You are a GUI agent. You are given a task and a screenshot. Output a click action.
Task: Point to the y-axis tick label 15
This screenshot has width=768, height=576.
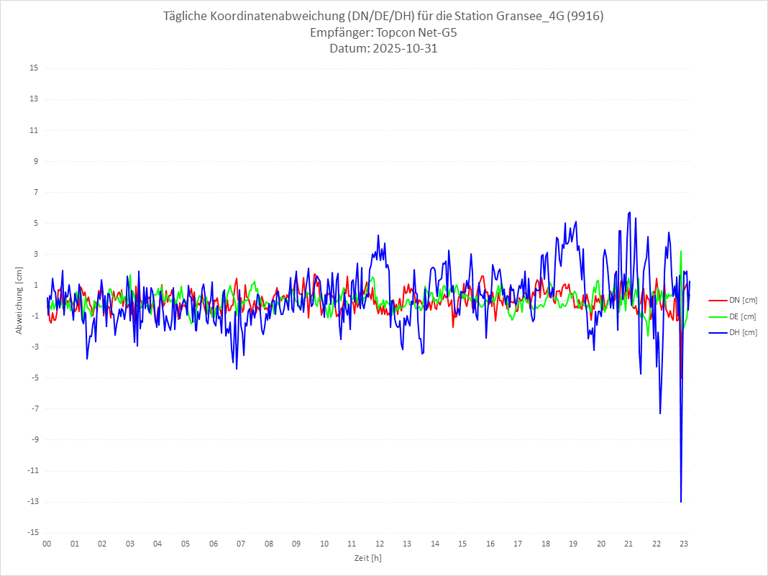(34, 68)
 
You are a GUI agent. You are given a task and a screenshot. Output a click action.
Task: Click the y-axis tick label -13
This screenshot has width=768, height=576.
(32, 502)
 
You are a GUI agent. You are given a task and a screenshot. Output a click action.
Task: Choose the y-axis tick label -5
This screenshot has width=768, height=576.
(34, 378)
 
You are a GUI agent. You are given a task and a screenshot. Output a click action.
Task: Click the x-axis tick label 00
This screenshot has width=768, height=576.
(47, 544)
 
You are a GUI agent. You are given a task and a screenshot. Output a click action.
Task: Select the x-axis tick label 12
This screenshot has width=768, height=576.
(380, 544)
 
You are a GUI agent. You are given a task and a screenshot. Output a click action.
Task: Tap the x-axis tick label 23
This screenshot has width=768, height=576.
(685, 544)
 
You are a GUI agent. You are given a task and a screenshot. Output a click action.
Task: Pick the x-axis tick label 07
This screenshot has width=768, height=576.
(241, 544)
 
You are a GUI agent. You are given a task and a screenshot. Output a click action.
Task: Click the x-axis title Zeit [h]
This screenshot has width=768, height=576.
(367, 558)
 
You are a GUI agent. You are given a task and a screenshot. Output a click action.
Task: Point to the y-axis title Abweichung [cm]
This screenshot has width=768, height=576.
(19, 300)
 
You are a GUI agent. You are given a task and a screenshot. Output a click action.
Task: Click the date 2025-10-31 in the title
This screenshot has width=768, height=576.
(401, 49)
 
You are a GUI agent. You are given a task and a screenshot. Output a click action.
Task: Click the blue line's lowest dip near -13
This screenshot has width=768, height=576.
(681, 501)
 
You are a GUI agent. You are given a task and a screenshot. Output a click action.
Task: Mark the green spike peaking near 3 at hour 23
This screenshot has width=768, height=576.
(680, 252)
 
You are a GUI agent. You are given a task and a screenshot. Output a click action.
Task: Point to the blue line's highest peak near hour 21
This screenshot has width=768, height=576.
(629, 212)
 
